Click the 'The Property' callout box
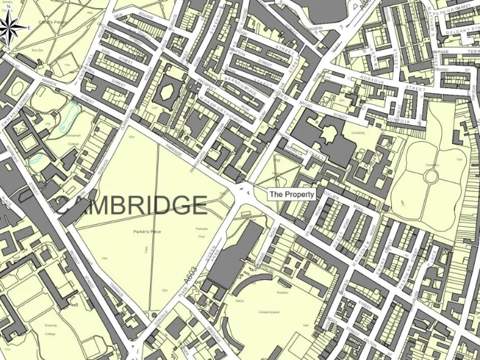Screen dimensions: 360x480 click(292, 194)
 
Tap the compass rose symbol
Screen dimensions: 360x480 click(11, 27)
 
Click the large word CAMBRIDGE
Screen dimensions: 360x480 click(131, 205)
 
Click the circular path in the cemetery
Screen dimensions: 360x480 click(431, 177)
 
